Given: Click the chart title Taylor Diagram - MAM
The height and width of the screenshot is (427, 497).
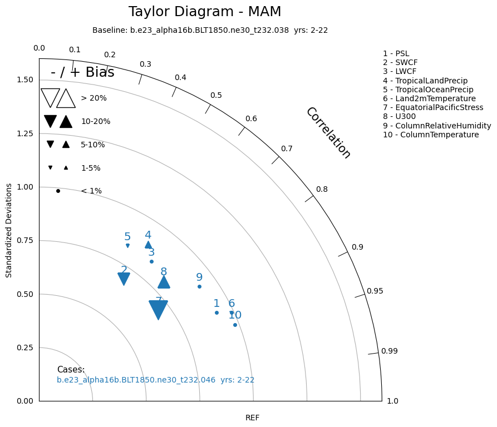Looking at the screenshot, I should tap(205, 12).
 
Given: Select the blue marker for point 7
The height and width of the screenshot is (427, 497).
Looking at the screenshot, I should tap(159, 310).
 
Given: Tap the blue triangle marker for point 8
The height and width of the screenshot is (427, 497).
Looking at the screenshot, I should tap(164, 282).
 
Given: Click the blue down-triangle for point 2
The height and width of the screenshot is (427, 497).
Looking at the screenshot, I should tap(124, 279).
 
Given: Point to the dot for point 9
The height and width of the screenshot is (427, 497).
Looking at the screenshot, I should tap(199, 286).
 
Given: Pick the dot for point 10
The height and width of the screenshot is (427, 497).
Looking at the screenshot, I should tap(235, 325).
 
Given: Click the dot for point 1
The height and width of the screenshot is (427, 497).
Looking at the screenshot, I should tap(216, 312).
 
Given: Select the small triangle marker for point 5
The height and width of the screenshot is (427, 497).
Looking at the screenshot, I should tap(127, 245).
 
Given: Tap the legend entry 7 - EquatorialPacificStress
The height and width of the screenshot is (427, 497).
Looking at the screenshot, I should tap(433, 107).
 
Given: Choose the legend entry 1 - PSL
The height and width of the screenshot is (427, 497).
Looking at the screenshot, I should tap(396, 53).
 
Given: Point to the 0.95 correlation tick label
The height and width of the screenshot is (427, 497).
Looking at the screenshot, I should tap(375, 291).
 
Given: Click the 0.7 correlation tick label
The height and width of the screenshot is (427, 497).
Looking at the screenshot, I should tap(287, 148).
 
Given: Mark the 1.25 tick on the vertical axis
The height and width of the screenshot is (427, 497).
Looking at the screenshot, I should tap(25, 133).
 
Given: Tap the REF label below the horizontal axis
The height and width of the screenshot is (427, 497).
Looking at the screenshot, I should tap(252, 418).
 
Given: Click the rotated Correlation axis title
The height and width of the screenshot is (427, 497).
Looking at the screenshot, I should tap(328, 133).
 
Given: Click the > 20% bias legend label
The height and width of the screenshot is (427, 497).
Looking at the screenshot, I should tap(94, 98).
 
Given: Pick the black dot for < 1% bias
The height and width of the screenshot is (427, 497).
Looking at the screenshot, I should tap(58, 191).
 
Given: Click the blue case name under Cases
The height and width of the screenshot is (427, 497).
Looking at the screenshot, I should tap(155, 380).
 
